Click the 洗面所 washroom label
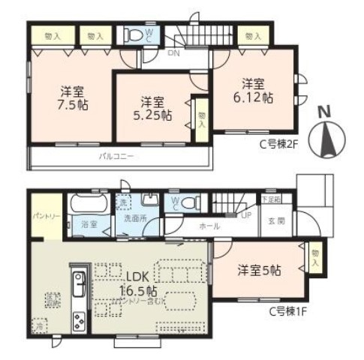point(136,220)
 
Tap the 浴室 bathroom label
point(89,223)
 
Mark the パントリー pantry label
point(43,215)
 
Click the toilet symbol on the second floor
point(135,35)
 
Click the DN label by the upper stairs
point(173,53)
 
